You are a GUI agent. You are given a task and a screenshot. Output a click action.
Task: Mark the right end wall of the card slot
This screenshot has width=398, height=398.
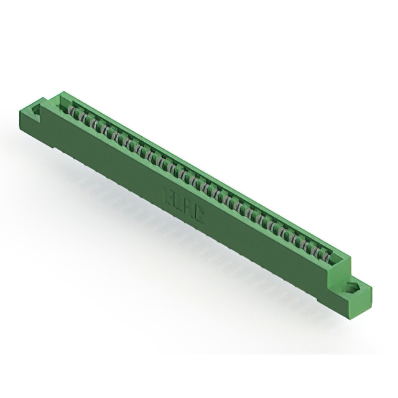[339, 261]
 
